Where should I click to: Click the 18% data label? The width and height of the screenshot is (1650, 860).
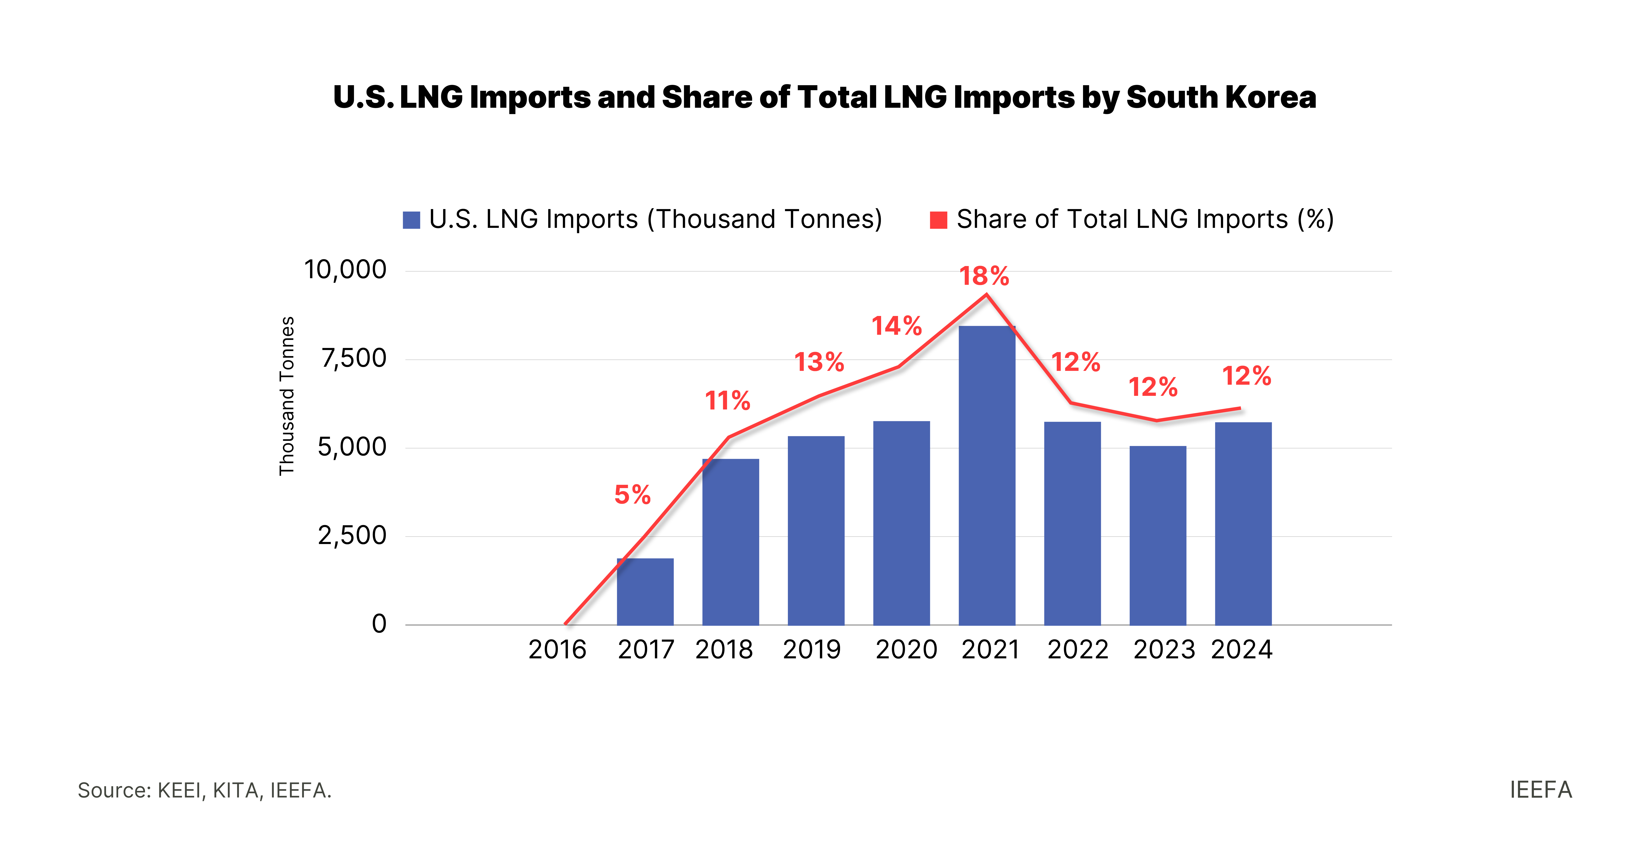coord(984,276)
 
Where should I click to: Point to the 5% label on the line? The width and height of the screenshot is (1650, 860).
coord(632,495)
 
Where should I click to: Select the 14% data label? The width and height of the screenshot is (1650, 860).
coord(897,326)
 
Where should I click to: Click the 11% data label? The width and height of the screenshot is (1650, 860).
coord(728,401)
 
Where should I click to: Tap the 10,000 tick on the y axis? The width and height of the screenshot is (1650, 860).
coord(345,270)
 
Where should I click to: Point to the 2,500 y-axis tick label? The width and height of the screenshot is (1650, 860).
coord(352,535)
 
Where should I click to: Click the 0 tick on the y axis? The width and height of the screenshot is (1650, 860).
coord(379,623)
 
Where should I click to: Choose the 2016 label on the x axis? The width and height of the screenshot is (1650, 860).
coord(557,650)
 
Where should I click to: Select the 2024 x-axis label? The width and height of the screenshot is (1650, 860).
coord(1241,650)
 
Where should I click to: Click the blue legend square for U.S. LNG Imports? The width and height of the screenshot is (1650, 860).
coord(411,220)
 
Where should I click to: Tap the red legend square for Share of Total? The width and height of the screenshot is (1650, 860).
coord(938,220)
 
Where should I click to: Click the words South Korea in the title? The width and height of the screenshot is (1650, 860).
coord(1221,97)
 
